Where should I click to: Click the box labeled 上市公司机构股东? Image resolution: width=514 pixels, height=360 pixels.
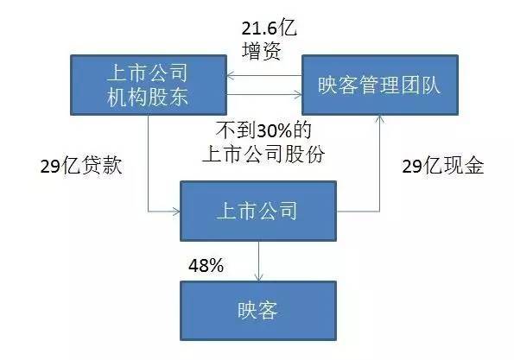coord(149,85)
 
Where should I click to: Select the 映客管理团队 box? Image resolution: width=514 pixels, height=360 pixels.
coord(380,85)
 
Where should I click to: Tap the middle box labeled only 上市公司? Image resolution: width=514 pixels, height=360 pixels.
coord(258,211)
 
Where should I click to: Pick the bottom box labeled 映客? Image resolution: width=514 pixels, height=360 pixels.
coord(258,311)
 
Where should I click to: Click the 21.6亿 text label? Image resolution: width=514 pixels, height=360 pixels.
coord(270,28)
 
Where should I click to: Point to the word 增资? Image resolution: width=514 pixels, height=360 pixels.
coord(262,52)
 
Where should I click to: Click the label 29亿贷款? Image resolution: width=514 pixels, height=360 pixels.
coord(81,166)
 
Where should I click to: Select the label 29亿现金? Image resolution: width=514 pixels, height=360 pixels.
coord(443,166)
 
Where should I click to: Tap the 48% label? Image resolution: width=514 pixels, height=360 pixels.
coord(206,265)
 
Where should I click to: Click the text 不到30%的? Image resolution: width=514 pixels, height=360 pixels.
coord(263,130)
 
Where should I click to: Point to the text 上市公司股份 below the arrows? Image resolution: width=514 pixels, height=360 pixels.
coord(263,154)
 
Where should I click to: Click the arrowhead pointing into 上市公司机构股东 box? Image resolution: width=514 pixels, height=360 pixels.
coord(230,76)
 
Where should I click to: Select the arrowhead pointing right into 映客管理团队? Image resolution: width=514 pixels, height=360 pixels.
coord(298,95)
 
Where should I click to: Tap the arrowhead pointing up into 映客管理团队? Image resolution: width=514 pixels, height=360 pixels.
coord(379,118)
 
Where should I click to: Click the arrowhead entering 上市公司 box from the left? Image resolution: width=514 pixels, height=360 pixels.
coord(176,212)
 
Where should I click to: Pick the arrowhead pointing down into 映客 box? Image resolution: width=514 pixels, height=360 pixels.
coord(259,277)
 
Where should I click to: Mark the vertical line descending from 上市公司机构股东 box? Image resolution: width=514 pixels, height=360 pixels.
coord(149,163)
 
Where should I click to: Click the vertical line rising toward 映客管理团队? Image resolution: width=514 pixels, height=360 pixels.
coord(379,163)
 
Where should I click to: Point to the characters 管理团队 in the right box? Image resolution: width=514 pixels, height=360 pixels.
coord(400,85)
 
